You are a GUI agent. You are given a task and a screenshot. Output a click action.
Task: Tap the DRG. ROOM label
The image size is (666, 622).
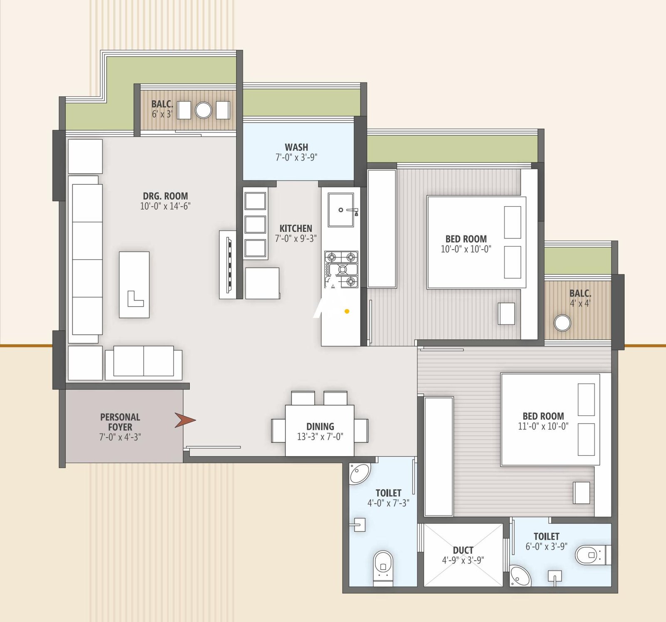pos(165,196)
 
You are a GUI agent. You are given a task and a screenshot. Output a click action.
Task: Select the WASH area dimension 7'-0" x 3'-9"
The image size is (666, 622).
pos(296,158)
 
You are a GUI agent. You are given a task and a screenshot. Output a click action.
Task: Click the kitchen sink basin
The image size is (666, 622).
pos(341,210)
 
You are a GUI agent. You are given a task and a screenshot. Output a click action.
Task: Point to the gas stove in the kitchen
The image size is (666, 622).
pos(341,270)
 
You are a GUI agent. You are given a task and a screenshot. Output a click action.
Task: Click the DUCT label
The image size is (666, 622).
pos(463,550)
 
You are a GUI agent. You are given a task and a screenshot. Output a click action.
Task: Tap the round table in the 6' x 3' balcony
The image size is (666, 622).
pos(204,110)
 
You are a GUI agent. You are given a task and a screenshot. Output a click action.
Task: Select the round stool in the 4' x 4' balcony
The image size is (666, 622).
pos(562,323)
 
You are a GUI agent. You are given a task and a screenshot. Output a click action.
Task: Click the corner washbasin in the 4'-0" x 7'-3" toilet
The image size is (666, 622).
pos(359,473)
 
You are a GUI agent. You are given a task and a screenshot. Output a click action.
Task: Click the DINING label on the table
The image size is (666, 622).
pos(320,426)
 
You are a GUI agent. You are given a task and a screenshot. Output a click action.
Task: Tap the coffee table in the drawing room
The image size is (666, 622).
pos(134,285)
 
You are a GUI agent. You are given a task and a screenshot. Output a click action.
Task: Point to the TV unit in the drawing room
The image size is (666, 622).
pos(228,265)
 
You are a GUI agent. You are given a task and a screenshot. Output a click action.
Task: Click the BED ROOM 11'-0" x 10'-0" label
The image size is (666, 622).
pos(543,416)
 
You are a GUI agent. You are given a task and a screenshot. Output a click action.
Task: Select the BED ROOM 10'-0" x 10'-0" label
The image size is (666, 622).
pos(466,239)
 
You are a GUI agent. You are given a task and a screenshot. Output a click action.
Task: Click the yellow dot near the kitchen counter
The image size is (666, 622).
pos(347,311)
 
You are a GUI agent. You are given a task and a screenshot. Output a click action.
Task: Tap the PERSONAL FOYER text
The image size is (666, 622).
pos(120,421)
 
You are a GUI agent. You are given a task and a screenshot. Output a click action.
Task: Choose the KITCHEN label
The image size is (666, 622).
pos(296,228)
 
